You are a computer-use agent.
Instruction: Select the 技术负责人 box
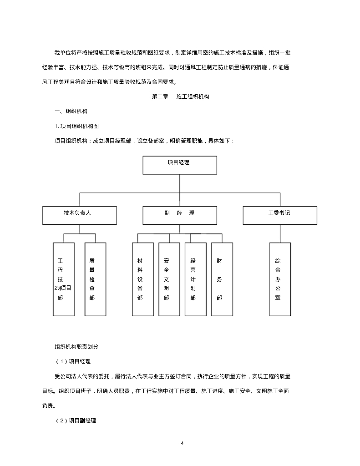[x=80, y=215]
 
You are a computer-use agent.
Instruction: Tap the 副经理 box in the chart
[x=180, y=215]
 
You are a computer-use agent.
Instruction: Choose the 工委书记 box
[x=279, y=215]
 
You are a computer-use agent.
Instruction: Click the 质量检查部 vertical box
[x=96, y=279]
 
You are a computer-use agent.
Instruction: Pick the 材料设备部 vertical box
[x=142, y=279]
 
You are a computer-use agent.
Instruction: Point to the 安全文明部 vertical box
[x=169, y=279]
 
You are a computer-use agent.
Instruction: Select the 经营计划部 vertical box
[x=195, y=279]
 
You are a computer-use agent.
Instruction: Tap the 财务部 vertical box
[x=222, y=279]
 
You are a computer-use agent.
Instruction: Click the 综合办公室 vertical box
[x=280, y=279]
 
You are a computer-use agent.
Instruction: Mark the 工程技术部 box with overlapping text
[x=63, y=279]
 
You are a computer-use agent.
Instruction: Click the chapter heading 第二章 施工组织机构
[x=180, y=97]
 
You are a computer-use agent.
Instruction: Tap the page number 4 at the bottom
[x=182, y=443]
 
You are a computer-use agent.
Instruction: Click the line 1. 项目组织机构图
[x=76, y=126]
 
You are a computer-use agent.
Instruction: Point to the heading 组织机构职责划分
[x=76, y=346]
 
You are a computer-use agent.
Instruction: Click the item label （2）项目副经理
[x=76, y=420]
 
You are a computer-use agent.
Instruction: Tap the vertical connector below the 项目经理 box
[x=180, y=183]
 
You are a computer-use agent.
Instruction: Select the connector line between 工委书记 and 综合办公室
[x=279, y=233]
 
